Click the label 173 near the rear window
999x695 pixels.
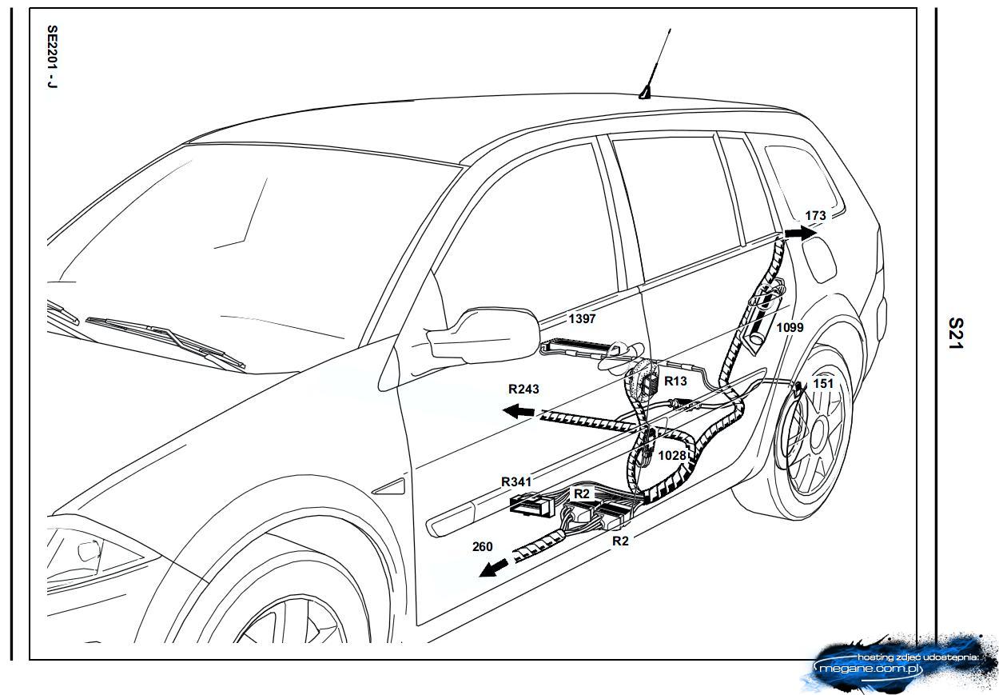815,216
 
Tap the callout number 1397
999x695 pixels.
582,318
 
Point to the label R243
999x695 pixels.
523,389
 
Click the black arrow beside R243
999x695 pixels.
519,411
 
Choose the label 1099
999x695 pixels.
790,327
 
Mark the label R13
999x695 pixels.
676,381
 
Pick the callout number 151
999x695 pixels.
822,384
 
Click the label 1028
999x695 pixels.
671,455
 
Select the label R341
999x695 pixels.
516,481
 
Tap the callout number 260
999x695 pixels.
483,547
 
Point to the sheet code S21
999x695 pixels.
956,334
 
